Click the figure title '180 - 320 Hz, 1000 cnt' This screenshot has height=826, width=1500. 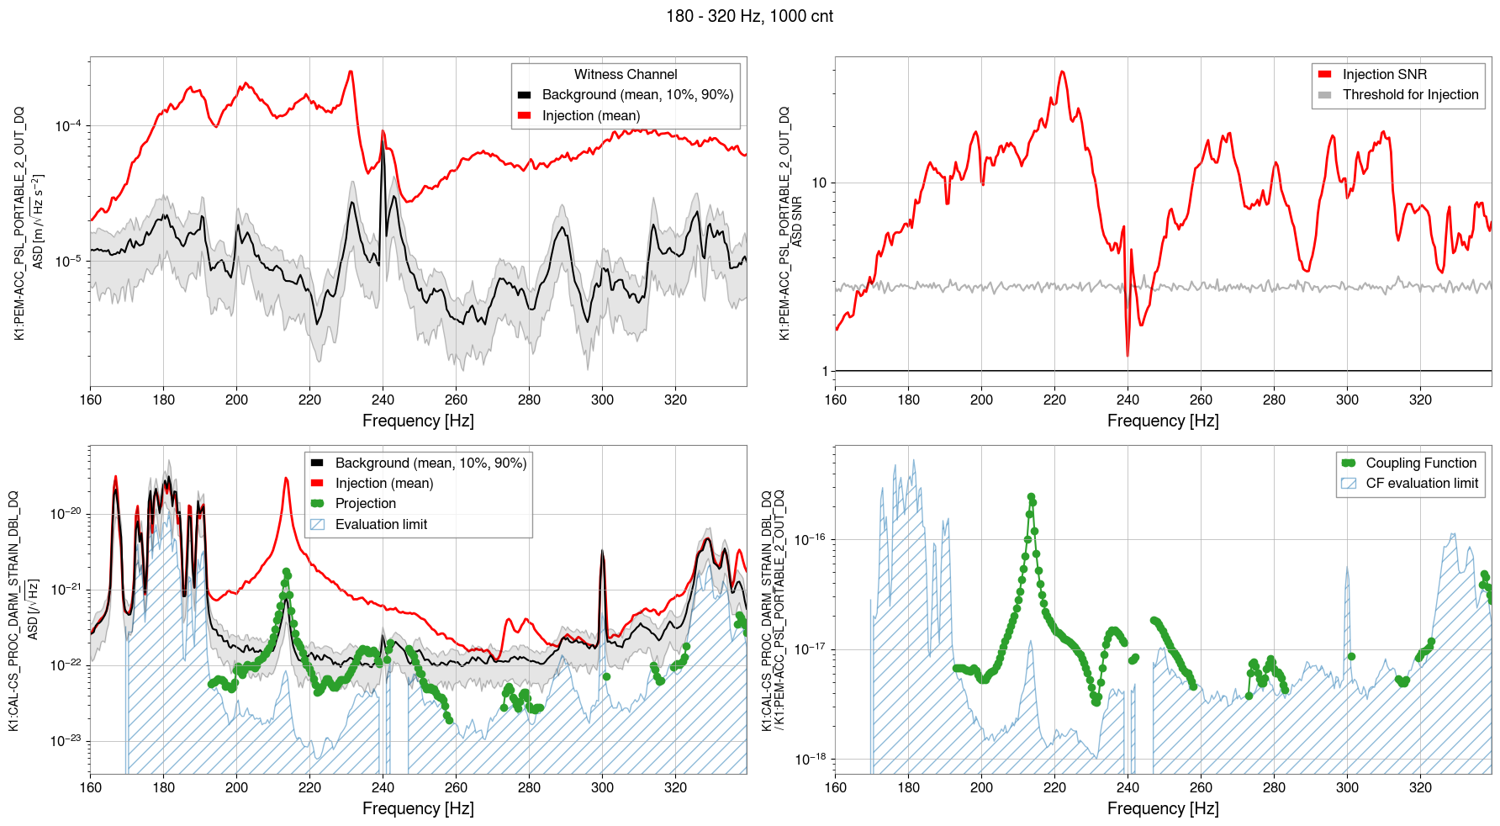pyautogui.click(x=749, y=16)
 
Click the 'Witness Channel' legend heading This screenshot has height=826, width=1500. pyautogui.click(x=626, y=74)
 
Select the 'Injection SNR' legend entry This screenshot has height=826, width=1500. pyautogui.click(x=1384, y=74)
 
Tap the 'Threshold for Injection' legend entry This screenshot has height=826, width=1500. pyautogui.click(x=1410, y=94)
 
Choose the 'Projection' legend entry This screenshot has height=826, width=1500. pyautogui.click(x=365, y=503)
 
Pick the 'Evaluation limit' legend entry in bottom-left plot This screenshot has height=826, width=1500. pyautogui.click(x=381, y=524)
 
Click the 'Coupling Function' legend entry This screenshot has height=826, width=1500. pyautogui.click(x=1420, y=463)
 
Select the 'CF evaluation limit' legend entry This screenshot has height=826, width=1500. pyautogui.click(x=1421, y=483)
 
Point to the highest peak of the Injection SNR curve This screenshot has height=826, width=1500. pyautogui.click(x=1063, y=71)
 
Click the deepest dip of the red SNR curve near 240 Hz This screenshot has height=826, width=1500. pyautogui.click(x=1128, y=355)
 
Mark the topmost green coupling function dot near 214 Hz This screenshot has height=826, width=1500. pyautogui.click(x=1031, y=496)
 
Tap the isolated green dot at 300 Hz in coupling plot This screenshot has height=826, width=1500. pyautogui.click(x=1351, y=656)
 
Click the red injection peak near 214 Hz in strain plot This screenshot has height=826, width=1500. pyautogui.click(x=287, y=479)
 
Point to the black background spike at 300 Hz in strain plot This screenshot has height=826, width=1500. pyautogui.click(x=602, y=552)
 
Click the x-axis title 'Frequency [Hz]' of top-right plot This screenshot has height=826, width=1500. pyautogui.click(x=1163, y=421)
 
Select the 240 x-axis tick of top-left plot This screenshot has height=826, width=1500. pyautogui.click(x=383, y=400)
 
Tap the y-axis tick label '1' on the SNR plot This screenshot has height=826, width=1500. pyautogui.click(x=825, y=371)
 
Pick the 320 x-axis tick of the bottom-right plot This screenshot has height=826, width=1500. pyautogui.click(x=1420, y=787)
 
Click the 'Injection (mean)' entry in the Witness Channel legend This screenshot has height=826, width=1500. pyautogui.click(x=590, y=115)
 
